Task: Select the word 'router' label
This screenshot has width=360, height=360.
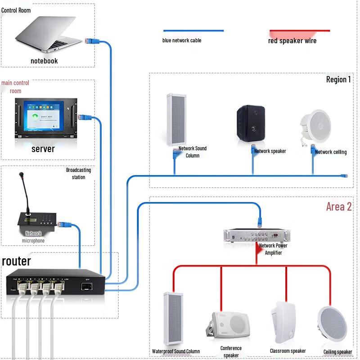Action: click(17, 261)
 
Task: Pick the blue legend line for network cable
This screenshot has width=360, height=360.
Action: click(193, 31)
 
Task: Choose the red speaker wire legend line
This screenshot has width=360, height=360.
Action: click(300, 31)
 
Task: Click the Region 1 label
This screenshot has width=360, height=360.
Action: click(338, 80)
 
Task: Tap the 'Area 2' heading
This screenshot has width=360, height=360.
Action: click(339, 207)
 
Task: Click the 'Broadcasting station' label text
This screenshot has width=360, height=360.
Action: click(78, 174)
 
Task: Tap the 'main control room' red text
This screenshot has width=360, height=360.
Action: click(15, 87)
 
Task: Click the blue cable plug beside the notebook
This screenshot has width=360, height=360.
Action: click(90, 40)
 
